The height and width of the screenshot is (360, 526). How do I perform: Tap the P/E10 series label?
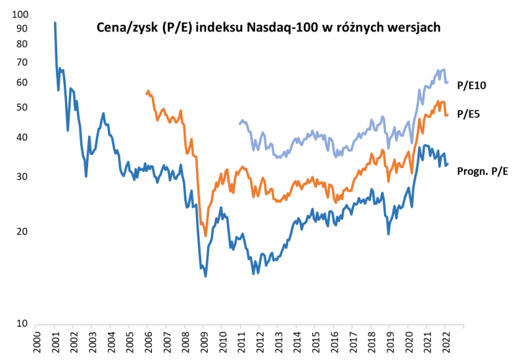471,85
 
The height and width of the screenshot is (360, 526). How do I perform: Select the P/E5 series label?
468,114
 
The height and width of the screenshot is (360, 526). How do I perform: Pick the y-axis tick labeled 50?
23,107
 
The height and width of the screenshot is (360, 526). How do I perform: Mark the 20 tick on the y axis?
23,231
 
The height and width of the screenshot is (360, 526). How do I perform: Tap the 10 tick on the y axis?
23,325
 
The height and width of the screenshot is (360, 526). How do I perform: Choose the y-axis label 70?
23,62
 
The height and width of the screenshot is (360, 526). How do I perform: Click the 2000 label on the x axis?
36,343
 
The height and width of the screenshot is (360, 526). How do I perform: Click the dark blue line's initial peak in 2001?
55,23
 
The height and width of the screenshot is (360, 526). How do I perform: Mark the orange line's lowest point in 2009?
206,235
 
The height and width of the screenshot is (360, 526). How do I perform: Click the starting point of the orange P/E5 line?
147,94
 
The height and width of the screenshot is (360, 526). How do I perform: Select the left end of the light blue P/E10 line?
239,124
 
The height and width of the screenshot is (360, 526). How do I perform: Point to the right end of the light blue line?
448,82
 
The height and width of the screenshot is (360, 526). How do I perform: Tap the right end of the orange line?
448,115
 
